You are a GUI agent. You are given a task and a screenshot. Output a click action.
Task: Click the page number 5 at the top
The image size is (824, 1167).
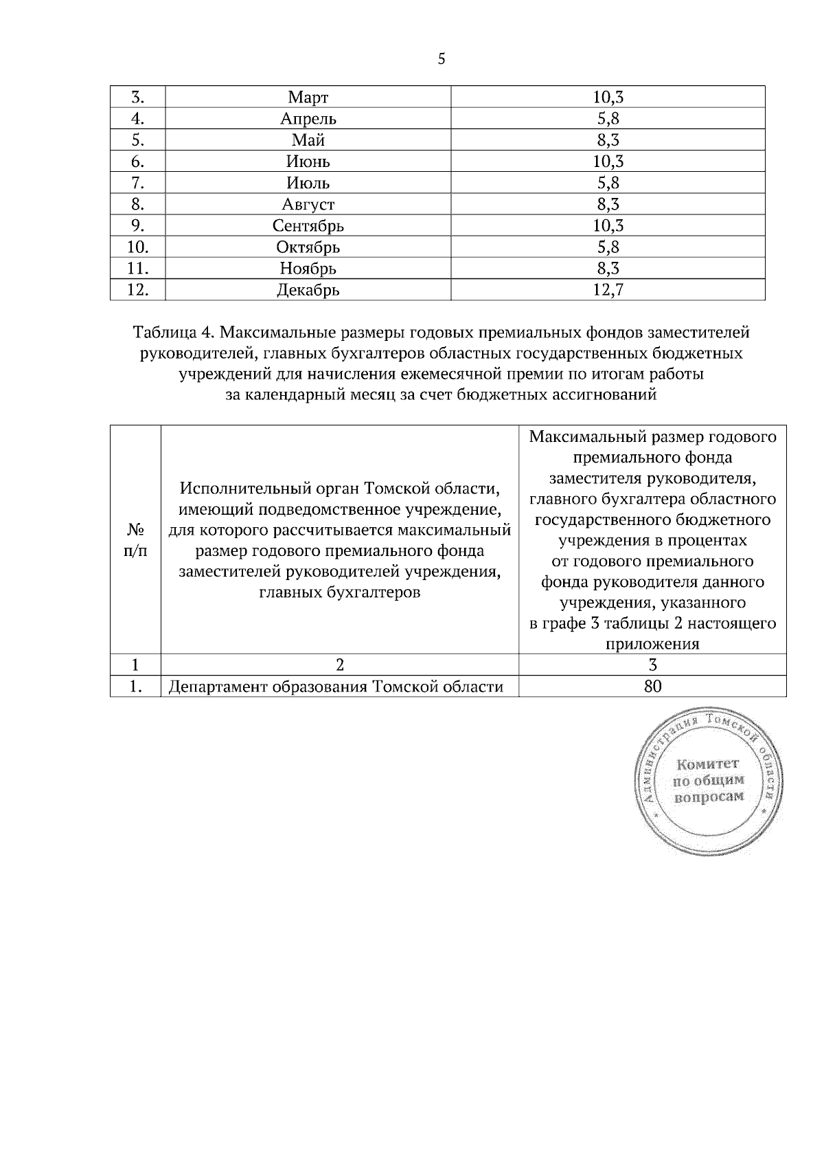[442, 59]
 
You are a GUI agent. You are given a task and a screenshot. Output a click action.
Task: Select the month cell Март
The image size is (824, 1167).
[308, 98]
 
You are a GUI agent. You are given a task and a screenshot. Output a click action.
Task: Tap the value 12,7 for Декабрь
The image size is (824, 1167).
[608, 290]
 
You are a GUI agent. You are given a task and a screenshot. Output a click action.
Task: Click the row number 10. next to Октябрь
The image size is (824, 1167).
[138, 247]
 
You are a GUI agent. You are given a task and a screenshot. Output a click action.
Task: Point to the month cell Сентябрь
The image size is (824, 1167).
[308, 225]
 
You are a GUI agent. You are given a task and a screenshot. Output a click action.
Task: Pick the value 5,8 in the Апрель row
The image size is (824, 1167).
[608, 119]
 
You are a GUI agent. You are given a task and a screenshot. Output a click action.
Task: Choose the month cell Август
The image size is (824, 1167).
[308, 204]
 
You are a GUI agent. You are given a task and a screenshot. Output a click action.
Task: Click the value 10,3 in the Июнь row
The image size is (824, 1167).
[608, 162]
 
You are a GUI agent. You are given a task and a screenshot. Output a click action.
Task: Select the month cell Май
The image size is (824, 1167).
[308, 140]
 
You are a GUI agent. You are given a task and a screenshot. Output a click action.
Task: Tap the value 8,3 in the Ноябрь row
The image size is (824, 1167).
[608, 268]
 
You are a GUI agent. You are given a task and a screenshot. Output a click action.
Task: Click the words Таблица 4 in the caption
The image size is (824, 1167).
[174, 333]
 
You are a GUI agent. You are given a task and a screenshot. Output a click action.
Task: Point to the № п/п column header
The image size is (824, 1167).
[135, 540]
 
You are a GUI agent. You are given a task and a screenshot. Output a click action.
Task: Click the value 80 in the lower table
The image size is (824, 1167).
[652, 686]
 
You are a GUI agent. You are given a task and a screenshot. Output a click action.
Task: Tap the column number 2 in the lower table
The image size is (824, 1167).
[339, 665]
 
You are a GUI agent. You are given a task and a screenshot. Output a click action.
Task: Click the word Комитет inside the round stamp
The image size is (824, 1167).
[707, 764]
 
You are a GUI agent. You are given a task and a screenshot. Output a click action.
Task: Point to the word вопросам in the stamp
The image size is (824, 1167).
[709, 798]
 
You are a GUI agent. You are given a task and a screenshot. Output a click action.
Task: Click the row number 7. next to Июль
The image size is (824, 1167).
[138, 183]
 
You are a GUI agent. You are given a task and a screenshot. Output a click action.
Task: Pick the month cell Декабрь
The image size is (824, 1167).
[308, 290]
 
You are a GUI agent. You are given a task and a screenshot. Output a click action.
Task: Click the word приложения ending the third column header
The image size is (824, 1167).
[652, 644]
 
